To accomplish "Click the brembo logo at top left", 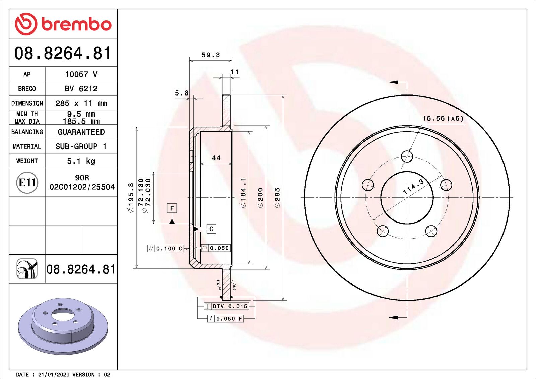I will tap(63, 24).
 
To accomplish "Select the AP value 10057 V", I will tap(81, 74).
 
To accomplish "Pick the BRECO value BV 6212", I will tap(81, 89).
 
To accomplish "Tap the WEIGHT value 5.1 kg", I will tap(81, 161).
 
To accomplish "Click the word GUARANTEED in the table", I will tap(81, 132).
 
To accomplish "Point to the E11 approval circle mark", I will tap(27, 183).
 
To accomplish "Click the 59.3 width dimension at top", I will tap(211, 55).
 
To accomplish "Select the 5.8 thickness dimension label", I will tap(182, 93).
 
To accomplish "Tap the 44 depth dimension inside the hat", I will tap(216, 158).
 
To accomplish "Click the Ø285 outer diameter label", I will tap(277, 198).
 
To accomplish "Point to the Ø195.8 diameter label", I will tap(131, 198).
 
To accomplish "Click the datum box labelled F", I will tap(172, 208).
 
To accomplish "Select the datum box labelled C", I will tap(211, 229).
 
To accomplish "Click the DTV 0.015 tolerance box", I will tap(230, 306).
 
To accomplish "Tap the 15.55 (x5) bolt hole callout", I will tap(443, 119).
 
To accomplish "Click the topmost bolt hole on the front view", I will tap(407, 156).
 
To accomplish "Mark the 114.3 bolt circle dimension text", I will tap(413, 187).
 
